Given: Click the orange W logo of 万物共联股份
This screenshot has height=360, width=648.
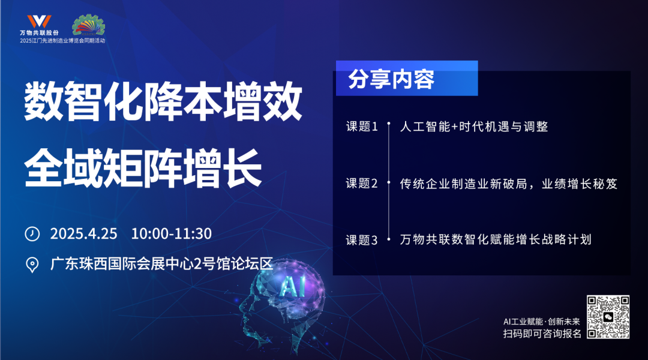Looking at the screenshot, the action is (39, 22).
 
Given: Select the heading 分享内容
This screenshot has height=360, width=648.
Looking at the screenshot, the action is (391, 79).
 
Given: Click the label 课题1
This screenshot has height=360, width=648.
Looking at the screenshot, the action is (362, 127).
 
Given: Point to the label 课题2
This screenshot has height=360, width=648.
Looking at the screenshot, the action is (362, 183).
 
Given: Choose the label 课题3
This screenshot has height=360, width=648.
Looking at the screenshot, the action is (362, 240).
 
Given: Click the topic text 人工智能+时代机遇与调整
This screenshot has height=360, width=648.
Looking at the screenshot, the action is (474, 127).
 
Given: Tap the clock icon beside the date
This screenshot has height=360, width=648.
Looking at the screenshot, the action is (32, 233).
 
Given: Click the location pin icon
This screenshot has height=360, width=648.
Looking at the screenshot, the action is (32, 265).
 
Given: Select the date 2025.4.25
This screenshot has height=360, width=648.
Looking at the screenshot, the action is (84, 233).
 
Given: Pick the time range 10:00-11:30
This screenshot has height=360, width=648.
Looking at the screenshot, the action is (172, 233).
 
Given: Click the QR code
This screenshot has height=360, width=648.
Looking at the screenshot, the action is (608, 317).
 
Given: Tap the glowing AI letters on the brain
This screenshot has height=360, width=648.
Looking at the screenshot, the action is (292, 286).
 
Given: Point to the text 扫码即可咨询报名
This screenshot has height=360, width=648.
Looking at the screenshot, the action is (542, 334).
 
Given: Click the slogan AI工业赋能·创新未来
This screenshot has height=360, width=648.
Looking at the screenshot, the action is (542, 322).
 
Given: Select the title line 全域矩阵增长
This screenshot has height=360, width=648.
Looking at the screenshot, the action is (143, 168).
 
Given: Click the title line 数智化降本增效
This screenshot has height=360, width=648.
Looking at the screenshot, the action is (163, 101).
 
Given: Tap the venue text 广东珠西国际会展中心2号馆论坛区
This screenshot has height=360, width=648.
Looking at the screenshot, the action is (162, 264).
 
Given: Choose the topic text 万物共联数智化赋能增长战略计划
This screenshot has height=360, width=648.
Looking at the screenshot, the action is (496, 240).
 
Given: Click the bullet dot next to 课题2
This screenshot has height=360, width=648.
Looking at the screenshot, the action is (389, 182).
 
